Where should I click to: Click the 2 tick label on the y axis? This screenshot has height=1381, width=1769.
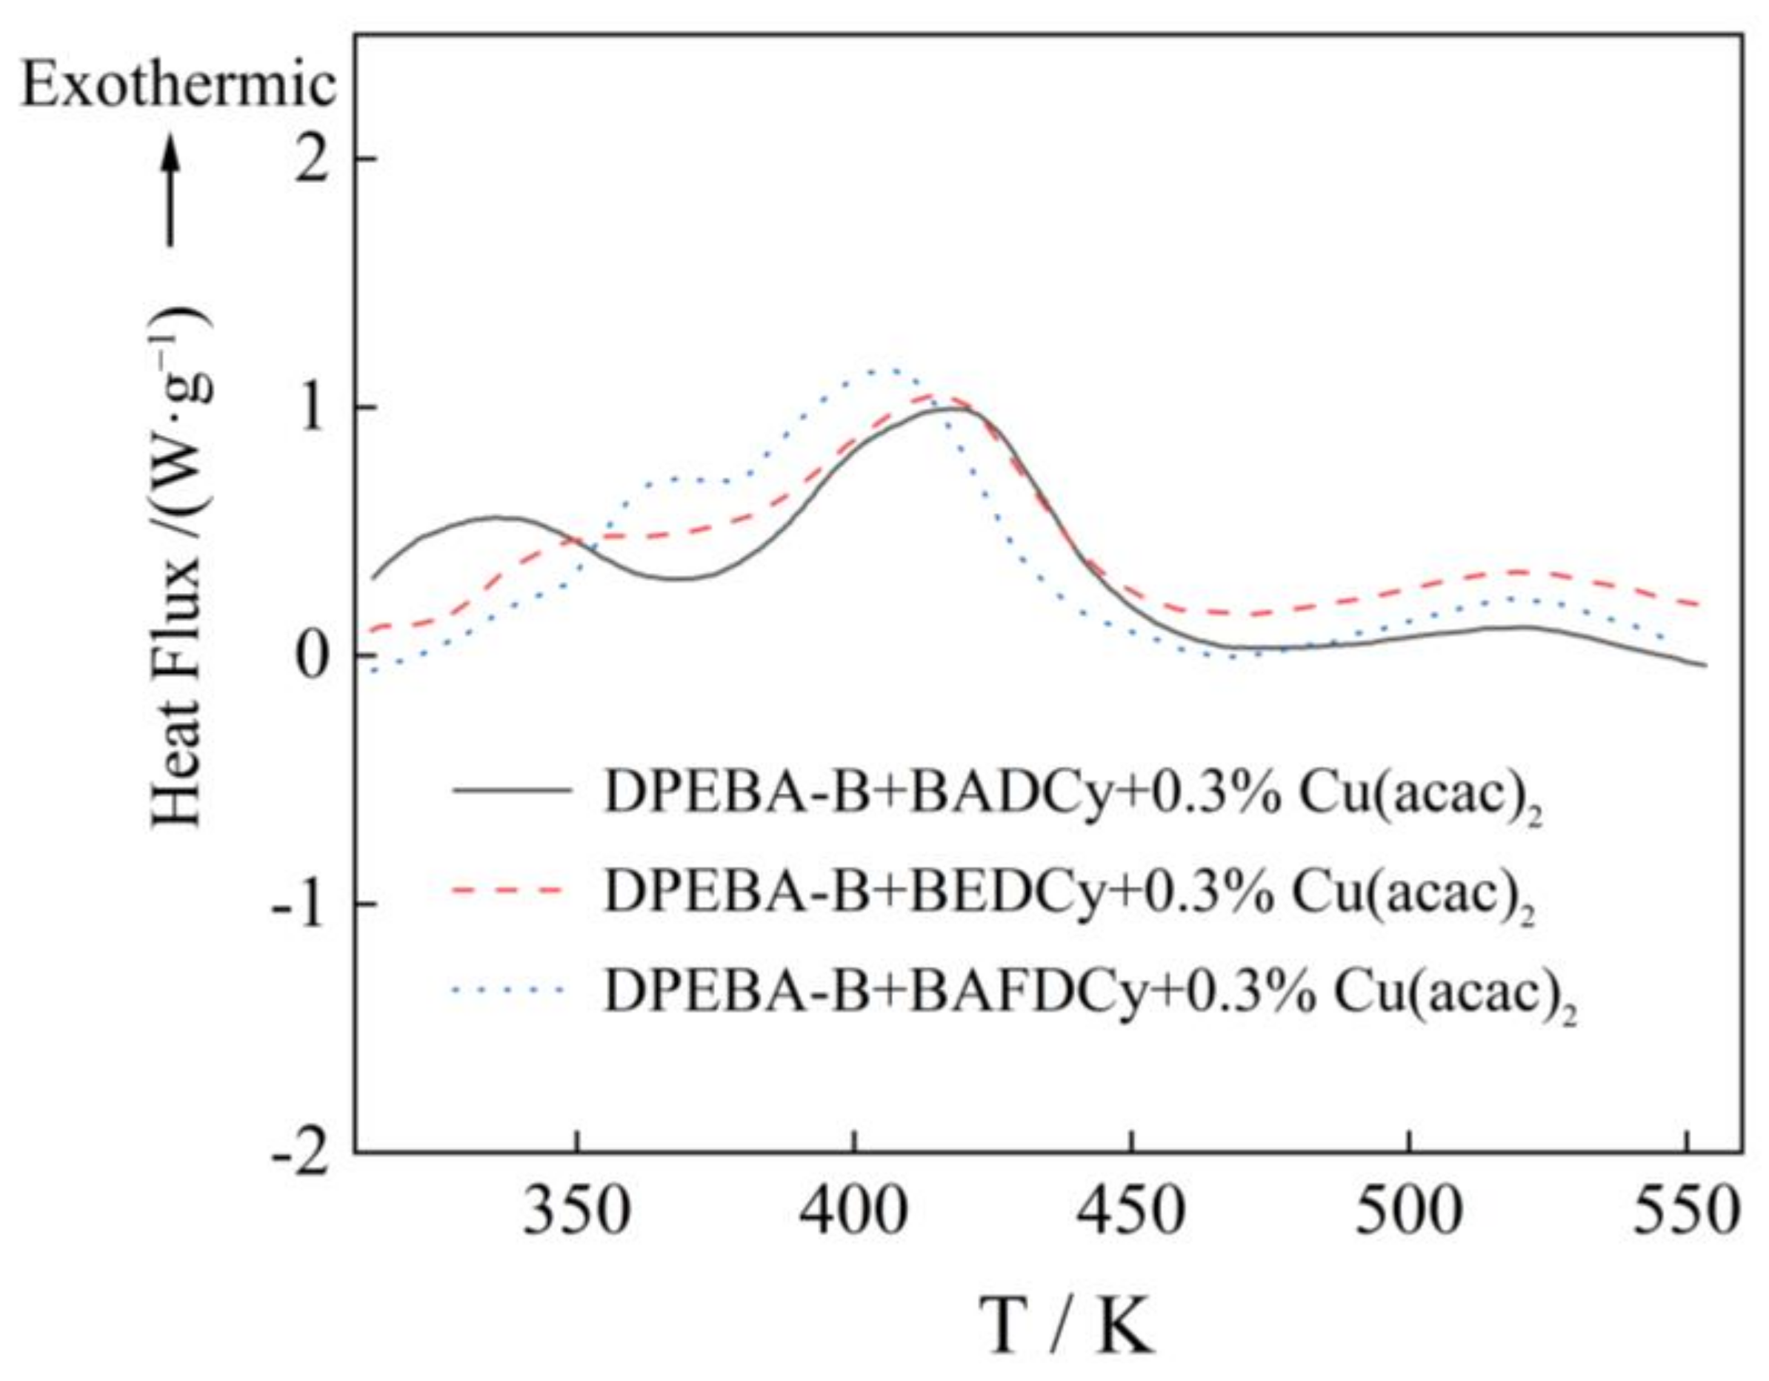(320, 158)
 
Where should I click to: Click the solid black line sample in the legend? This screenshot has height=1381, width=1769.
(512, 789)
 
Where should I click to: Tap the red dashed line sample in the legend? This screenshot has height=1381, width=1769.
(512, 889)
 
